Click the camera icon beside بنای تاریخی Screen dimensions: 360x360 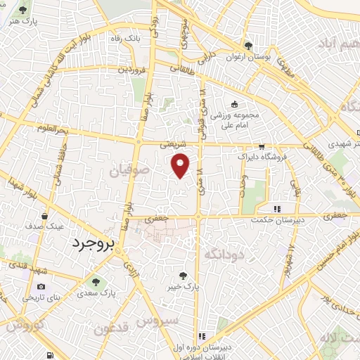pos(41,287)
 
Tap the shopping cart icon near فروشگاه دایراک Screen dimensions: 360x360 pos(262,147)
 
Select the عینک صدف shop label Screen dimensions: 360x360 pos(45,227)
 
